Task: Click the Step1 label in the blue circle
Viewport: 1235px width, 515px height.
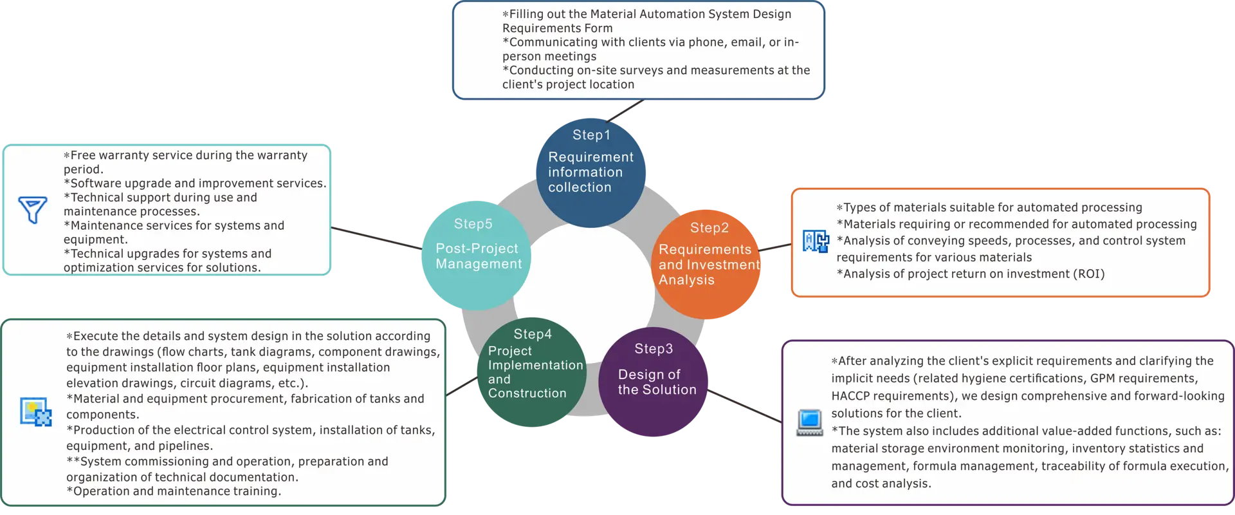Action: tap(591, 135)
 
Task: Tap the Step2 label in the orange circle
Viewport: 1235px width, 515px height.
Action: tap(709, 228)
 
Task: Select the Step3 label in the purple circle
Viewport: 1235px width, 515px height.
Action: tap(654, 349)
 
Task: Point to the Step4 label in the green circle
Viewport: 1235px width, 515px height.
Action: tap(533, 334)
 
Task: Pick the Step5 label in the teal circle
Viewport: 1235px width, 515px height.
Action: tap(473, 224)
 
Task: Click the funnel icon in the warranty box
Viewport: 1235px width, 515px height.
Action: tap(33, 210)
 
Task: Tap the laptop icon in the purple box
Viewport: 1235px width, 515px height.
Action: tap(810, 422)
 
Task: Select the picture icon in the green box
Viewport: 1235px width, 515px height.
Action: tap(35, 412)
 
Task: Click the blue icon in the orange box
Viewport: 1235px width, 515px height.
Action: tap(816, 241)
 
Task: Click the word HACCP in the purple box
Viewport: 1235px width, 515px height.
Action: tap(852, 396)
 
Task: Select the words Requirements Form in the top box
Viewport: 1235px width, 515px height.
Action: tap(557, 28)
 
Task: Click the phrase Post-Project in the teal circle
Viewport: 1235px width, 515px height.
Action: tap(477, 248)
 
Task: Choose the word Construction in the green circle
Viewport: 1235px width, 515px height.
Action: tap(527, 393)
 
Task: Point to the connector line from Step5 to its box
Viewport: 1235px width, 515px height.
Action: tap(376, 238)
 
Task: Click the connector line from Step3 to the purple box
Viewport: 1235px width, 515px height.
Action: tap(746, 407)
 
